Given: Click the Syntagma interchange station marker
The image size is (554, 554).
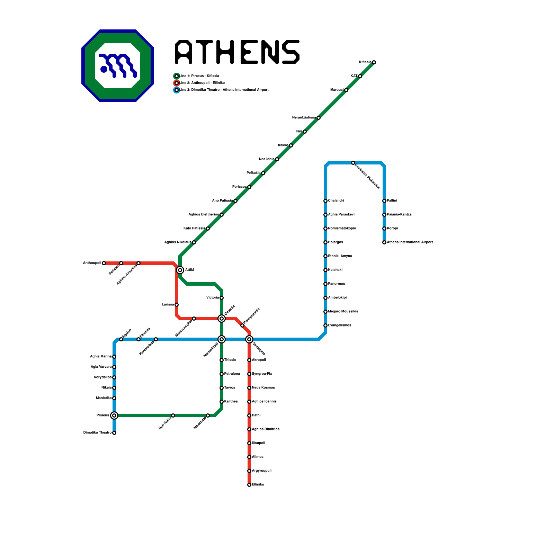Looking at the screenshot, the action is [x=249, y=339].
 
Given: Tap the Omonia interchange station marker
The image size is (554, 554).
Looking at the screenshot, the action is [x=222, y=319].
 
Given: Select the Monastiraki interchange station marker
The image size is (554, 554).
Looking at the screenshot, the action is [x=222, y=339].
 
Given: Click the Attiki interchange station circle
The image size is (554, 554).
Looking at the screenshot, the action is [x=180, y=270].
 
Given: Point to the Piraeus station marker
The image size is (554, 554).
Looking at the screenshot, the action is [x=114, y=415].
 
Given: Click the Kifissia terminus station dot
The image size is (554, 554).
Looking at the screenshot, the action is [x=374, y=62].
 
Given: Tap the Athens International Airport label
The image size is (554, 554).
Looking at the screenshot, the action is [x=410, y=242].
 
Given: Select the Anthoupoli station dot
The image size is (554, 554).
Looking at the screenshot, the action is [x=104, y=263].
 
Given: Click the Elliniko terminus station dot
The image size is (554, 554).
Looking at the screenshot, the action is [x=249, y=485].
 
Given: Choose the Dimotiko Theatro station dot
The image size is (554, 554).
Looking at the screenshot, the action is [x=114, y=433].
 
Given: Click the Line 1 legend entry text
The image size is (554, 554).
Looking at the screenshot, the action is [x=199, y=76].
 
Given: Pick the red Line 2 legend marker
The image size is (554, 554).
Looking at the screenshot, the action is [x=177, y=83].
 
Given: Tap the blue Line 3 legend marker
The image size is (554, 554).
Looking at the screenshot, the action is [x=177, y=90].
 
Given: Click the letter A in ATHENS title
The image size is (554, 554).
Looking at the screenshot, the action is [x=184, y=52].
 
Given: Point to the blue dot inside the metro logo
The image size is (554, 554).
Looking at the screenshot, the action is [x=104, y=69].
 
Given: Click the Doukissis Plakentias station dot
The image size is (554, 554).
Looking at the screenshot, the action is [x=353, y=163].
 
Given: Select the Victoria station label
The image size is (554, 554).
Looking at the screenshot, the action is [x=213, y=298].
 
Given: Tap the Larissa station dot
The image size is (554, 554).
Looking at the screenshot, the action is [x=177, y=305].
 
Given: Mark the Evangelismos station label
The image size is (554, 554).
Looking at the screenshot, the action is [x=339, y=325].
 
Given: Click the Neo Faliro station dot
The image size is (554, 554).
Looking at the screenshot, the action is [x=173, y=415].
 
